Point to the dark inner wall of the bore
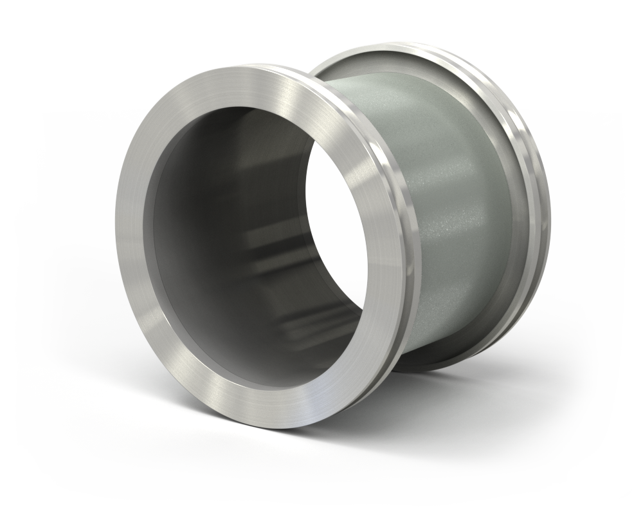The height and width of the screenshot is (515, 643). point(212,212)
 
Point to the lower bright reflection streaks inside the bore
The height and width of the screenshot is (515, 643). point(302,322)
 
